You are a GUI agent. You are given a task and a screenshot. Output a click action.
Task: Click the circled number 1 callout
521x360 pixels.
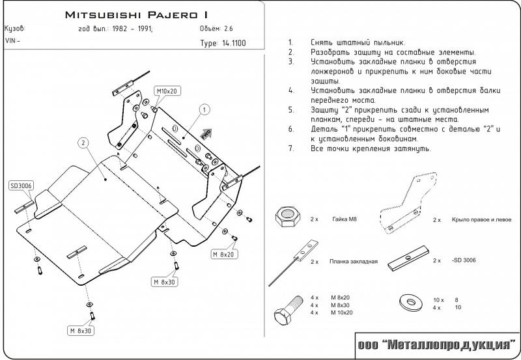point(204,109)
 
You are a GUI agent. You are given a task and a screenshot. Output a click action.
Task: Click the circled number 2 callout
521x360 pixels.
point(83,143)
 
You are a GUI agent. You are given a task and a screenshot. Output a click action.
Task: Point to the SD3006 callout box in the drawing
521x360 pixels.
point(21,186)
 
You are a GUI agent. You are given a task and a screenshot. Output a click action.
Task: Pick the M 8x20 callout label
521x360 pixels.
point(223,253)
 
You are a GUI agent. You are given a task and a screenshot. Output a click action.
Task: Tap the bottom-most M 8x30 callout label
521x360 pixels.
point(81,331)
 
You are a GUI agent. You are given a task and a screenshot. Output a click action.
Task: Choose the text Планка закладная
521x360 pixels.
point(354,261)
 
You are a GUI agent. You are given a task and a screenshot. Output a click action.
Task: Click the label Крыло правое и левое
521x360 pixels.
point(475,220)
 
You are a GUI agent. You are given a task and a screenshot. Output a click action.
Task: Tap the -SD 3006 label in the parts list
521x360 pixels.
point(463,260)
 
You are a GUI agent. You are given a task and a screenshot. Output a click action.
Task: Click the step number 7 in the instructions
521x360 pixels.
point(290,149)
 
